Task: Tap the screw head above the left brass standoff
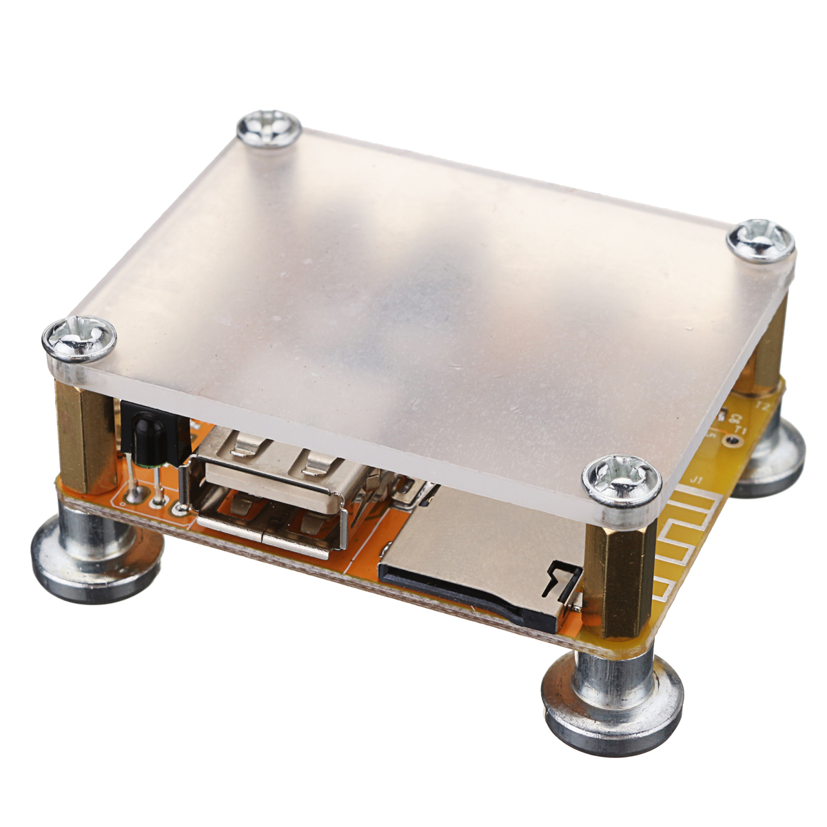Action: point(79,338)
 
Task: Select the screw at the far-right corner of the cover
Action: point(761,241)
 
